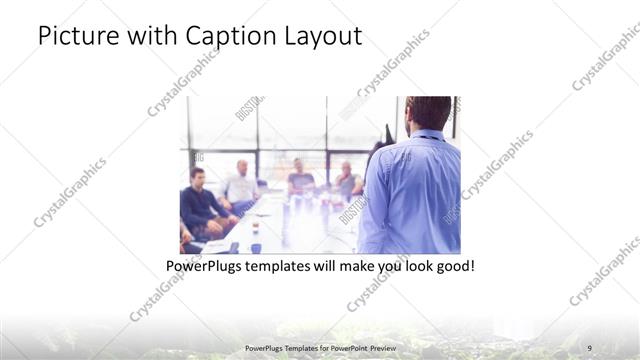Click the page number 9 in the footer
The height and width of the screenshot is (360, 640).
tap(589, 347)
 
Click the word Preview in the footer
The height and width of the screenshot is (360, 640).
tap(372, 347)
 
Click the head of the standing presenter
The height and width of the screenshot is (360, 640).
tap(429, 113)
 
